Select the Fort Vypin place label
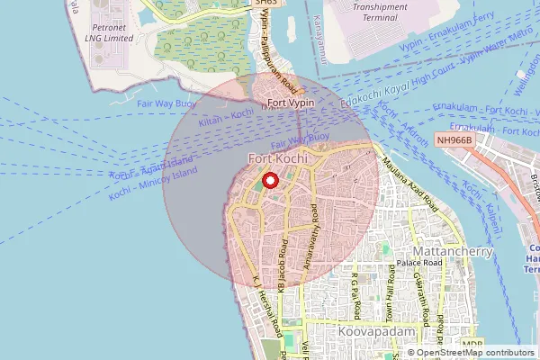[x=283, y=102]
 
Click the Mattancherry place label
[x=451, y=250]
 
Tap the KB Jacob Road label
[x=283, y=265]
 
